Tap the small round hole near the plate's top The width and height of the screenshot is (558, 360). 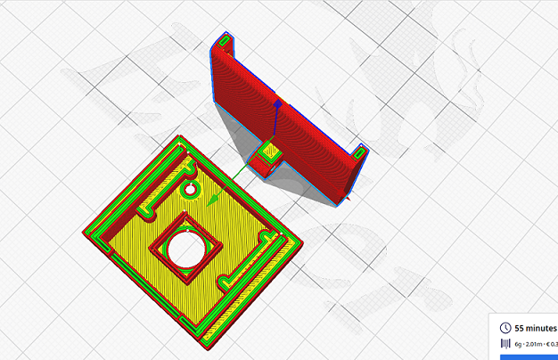click(x=189, y=190)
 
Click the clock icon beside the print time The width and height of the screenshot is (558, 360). click(x=505, y=328)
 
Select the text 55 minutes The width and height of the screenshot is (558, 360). click(x=536, y=328)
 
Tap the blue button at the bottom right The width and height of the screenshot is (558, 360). click(x=529, y=356)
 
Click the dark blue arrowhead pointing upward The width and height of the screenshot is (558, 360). click(x=278, y=105)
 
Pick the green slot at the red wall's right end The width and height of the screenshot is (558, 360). click(x=361, y=151)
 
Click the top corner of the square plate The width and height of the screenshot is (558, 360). click(x=182, y=135)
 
